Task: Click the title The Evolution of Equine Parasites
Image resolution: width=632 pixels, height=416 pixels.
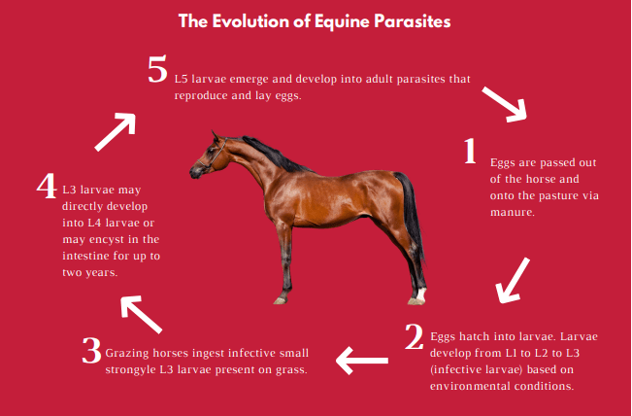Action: tap(315, 19)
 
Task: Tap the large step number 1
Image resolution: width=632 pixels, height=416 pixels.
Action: tap(470, 152)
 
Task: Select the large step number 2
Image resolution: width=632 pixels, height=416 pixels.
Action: tap(415, 336)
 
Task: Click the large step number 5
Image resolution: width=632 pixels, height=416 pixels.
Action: tap(158, 70)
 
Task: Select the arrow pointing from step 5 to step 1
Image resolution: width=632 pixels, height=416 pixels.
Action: tap(504, 102)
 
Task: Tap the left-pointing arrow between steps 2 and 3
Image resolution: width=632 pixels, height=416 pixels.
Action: tap(362, 361)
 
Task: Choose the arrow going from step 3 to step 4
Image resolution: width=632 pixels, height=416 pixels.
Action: tap(140, 315)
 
